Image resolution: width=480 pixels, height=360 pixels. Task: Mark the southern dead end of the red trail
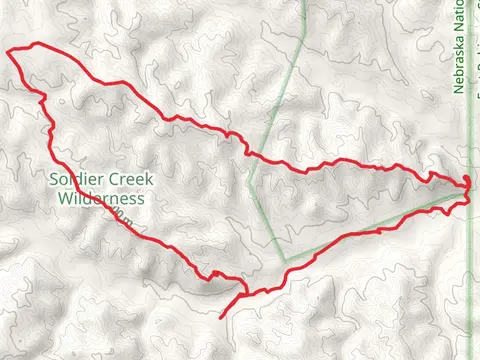pos(220,318)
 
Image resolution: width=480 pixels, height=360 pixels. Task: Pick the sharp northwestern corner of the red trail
pos(9,51)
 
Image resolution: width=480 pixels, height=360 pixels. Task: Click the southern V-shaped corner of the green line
pos(286,259)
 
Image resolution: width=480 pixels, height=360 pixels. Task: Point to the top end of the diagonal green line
pos(304,3)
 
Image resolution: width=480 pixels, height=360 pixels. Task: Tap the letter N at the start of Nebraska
pos(459,88)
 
